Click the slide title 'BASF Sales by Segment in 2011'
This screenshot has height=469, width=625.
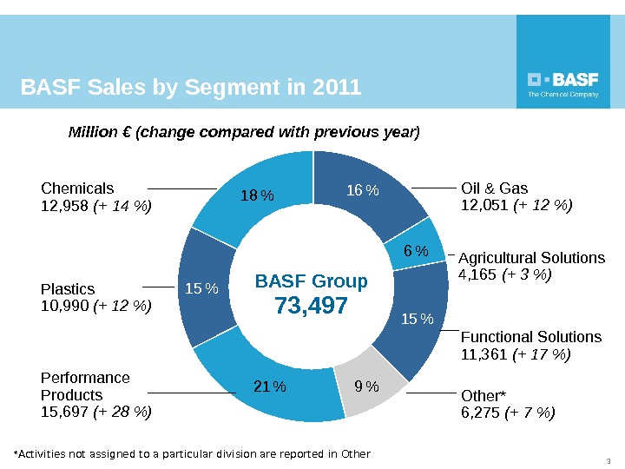click(191, 88)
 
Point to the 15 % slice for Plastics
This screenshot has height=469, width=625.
click(203, 287)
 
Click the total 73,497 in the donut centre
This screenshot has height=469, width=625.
click(312, 307)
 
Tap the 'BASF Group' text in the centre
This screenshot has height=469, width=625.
click(312, 281)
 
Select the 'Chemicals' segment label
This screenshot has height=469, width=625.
click(77, 188)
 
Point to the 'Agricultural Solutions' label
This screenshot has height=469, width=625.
click(531, 258)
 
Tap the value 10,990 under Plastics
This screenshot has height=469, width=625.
click(64, 306)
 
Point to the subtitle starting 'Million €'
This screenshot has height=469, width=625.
click(244, 133)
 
